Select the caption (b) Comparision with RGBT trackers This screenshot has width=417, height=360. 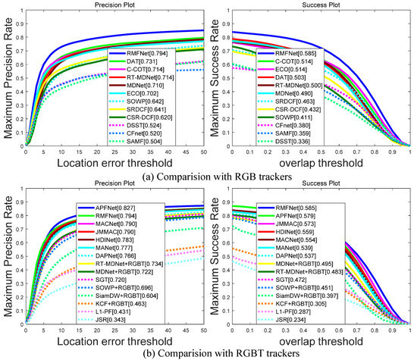coord(209,352)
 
